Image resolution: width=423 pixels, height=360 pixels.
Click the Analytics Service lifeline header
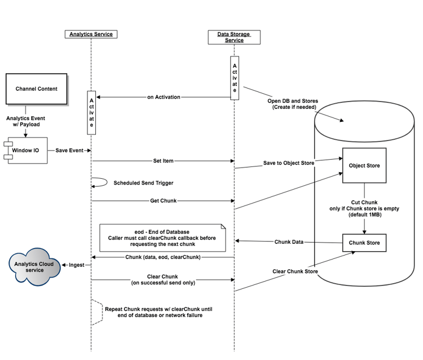(x=91, y=34)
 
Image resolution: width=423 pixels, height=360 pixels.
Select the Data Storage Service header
(x=234, y=37)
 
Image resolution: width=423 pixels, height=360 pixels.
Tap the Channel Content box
(x=36, y=89)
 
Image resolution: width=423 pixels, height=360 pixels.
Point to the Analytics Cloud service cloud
(x=34, y=265)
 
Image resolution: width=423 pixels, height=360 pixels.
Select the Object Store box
(x=364, y=166)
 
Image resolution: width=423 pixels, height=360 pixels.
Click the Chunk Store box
(x=364, y=243)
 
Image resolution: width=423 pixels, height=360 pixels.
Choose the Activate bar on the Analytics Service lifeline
(x=91, y=112)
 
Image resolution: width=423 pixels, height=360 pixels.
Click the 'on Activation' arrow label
(x=164, y=97)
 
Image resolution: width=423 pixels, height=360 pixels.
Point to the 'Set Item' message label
(x=163, y=161)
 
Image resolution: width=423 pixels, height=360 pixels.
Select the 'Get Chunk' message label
(x=163, y=200)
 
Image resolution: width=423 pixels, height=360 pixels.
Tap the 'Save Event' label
(x=69, y=151)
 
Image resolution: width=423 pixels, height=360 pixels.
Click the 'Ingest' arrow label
(x=76, y=265)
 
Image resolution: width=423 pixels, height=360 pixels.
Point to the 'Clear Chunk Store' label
(x=295, y=271)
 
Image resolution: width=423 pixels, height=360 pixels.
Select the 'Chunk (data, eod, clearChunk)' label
(x=163, y=257)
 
